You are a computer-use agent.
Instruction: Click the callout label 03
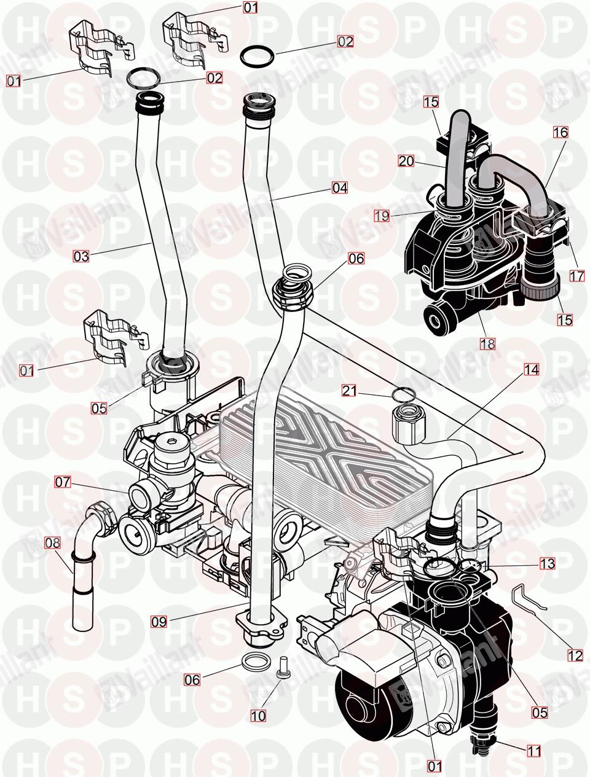click(x=81, y=256)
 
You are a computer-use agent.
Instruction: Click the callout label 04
click(x=340, y=187)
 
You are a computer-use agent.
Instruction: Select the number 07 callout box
click(x=63, y=482)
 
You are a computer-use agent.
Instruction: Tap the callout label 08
click(x=53, y=542)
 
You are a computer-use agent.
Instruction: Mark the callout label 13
click(x=547, y=563)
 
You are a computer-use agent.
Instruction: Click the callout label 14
click(x=532, y=370)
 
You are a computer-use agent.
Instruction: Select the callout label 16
click(x=560, y=133)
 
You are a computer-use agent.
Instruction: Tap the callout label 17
click(x=577, y=276)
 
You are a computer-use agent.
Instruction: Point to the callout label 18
click(x=487, y=343)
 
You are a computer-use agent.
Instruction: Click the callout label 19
click(x=382, y=216)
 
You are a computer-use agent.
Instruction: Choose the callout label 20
click(x=406, y=161)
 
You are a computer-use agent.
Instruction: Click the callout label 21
click(x=350, y=391)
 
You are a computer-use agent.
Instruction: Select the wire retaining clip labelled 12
click(x=529, y=598)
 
